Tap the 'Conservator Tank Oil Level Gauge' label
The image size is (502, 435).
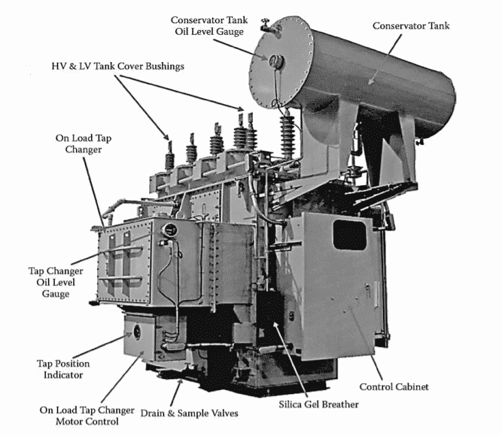[x=211, y=27]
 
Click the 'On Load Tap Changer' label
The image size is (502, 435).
[x=83, y=143]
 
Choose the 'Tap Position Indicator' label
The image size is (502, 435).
[x=63, y=369]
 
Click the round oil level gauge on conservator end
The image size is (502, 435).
[x=277, y=61]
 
